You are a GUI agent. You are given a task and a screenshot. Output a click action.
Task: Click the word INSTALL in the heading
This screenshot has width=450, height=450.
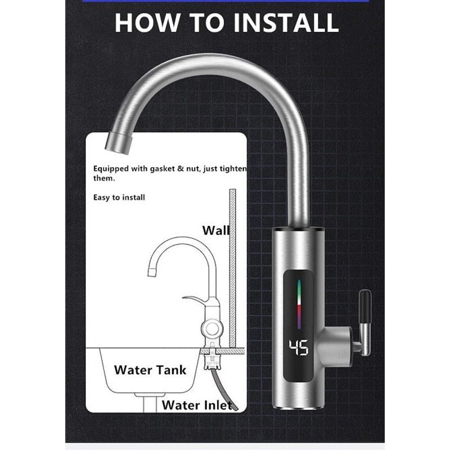tap(283, 22)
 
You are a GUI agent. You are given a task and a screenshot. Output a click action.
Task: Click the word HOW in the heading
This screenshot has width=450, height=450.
tap(147, 22)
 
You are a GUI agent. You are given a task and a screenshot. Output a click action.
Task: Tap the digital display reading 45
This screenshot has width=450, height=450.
tap(298, 348)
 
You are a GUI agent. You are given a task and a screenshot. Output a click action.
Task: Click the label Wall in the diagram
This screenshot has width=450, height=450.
tap(215, 230)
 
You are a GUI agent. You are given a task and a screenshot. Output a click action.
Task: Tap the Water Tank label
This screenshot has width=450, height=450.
tap(150, 370)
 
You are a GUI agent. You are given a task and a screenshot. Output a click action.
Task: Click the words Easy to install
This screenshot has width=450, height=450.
tap(119, 197)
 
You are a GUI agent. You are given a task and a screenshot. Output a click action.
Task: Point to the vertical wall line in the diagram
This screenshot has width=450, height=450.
tap(232, 264)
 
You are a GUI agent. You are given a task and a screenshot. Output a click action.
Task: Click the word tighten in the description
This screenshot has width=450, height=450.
tap(231, 168)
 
